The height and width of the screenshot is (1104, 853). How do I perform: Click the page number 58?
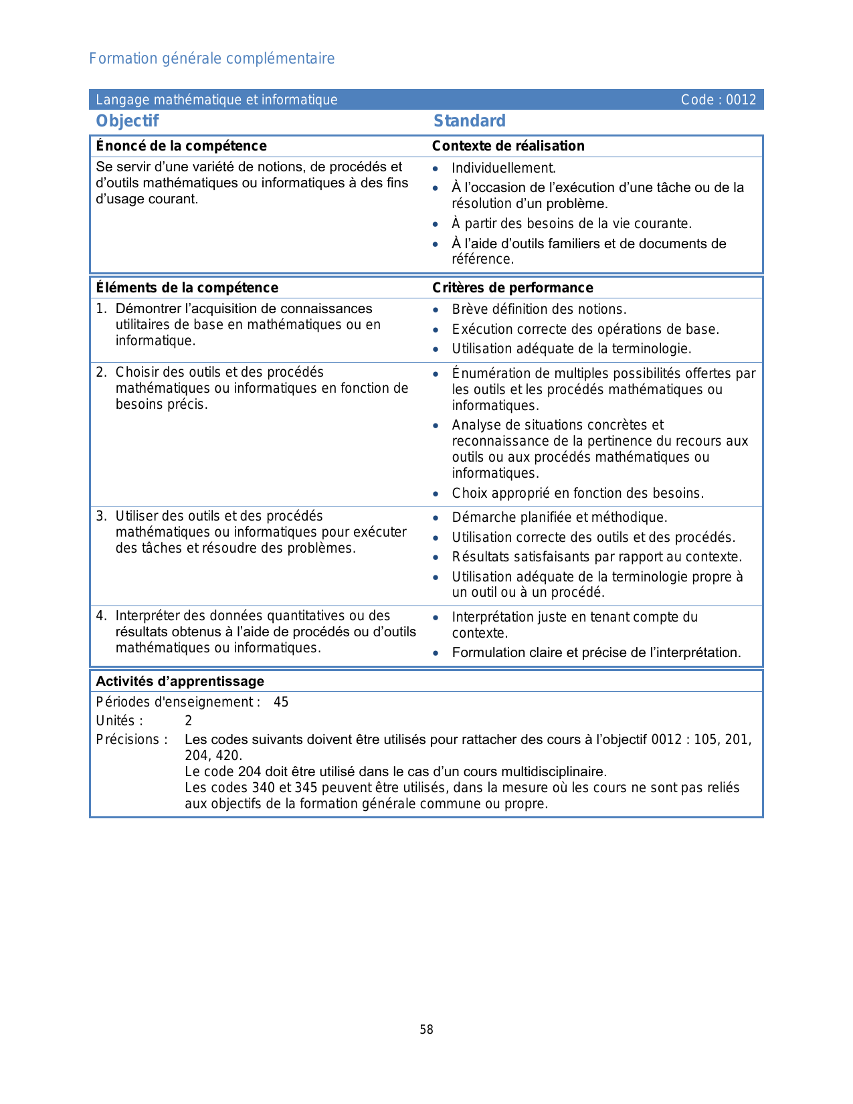click(426, 1030)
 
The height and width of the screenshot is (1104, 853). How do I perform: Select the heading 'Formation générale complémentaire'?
click(211, 59)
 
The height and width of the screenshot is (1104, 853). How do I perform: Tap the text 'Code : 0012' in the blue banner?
click(718, 100)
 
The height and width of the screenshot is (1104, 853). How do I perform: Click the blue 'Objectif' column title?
click(127, 121)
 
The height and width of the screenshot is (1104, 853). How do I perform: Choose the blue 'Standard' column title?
click(469, 121)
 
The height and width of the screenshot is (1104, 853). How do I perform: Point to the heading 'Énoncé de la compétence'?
click(181, 146)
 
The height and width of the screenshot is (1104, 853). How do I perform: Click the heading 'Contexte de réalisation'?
click(508, 146)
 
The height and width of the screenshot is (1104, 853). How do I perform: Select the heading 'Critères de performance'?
click(512, 288)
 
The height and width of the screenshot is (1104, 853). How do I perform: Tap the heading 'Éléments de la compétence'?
click(187, 288)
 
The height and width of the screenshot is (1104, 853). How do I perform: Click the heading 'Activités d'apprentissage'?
click(180, 681)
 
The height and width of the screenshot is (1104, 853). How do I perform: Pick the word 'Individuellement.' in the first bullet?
click(504, 168)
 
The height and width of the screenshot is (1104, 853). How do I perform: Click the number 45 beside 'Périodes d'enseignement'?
click(281, 702)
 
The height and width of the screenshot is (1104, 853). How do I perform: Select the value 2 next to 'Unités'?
click(189, 721)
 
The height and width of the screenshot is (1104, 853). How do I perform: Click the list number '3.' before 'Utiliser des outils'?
click(101, 516)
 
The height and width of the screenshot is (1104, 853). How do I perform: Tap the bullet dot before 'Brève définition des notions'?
click(436, 310)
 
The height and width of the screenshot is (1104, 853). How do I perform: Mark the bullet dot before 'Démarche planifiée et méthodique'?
click(436, 518)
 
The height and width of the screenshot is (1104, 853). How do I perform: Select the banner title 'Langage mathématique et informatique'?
click(216, 100)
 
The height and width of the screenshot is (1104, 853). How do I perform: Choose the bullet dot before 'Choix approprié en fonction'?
click(436, 494)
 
